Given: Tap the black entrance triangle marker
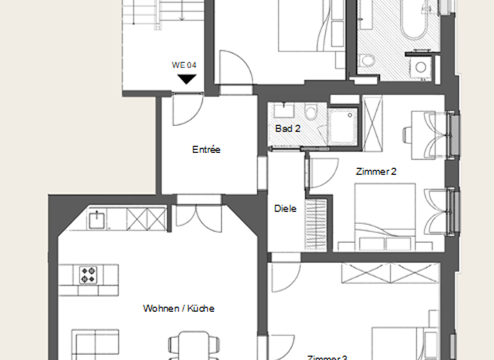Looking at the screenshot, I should [x=187, y=79].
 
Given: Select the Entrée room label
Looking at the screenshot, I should [x=206, y=150].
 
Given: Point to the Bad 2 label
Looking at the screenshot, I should [x=288, y=129].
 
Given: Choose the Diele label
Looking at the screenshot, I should [x=285, y=208].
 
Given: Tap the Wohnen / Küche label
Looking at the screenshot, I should [x=178, y=309].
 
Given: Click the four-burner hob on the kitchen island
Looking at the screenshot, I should [x=88, y=274].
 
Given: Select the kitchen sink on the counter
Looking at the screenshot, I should [x=97, y=219].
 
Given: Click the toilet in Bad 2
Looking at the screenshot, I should [x=311, y=113].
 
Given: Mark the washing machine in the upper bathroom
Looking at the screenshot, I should [x=421, y=67].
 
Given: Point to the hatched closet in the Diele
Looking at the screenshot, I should [x=316, y=225].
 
